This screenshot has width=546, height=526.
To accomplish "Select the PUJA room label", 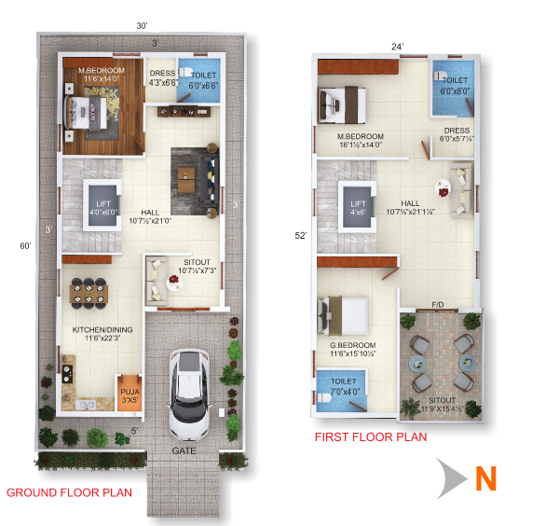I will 128,388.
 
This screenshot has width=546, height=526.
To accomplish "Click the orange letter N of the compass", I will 485,478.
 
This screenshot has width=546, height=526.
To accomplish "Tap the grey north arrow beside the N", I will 452,478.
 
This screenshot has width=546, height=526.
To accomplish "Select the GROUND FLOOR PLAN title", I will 69,491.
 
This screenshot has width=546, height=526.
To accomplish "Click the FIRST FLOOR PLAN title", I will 370,436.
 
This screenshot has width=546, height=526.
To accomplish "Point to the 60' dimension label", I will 27,246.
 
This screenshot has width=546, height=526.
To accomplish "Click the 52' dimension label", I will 300,237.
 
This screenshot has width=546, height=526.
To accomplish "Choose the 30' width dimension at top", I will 142,26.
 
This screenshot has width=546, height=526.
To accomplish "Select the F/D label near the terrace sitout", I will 436,304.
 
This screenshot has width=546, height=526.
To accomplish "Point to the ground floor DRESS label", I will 162,74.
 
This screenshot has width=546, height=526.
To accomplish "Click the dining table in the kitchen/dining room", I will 89,293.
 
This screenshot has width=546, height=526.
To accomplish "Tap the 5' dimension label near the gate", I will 134,431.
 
